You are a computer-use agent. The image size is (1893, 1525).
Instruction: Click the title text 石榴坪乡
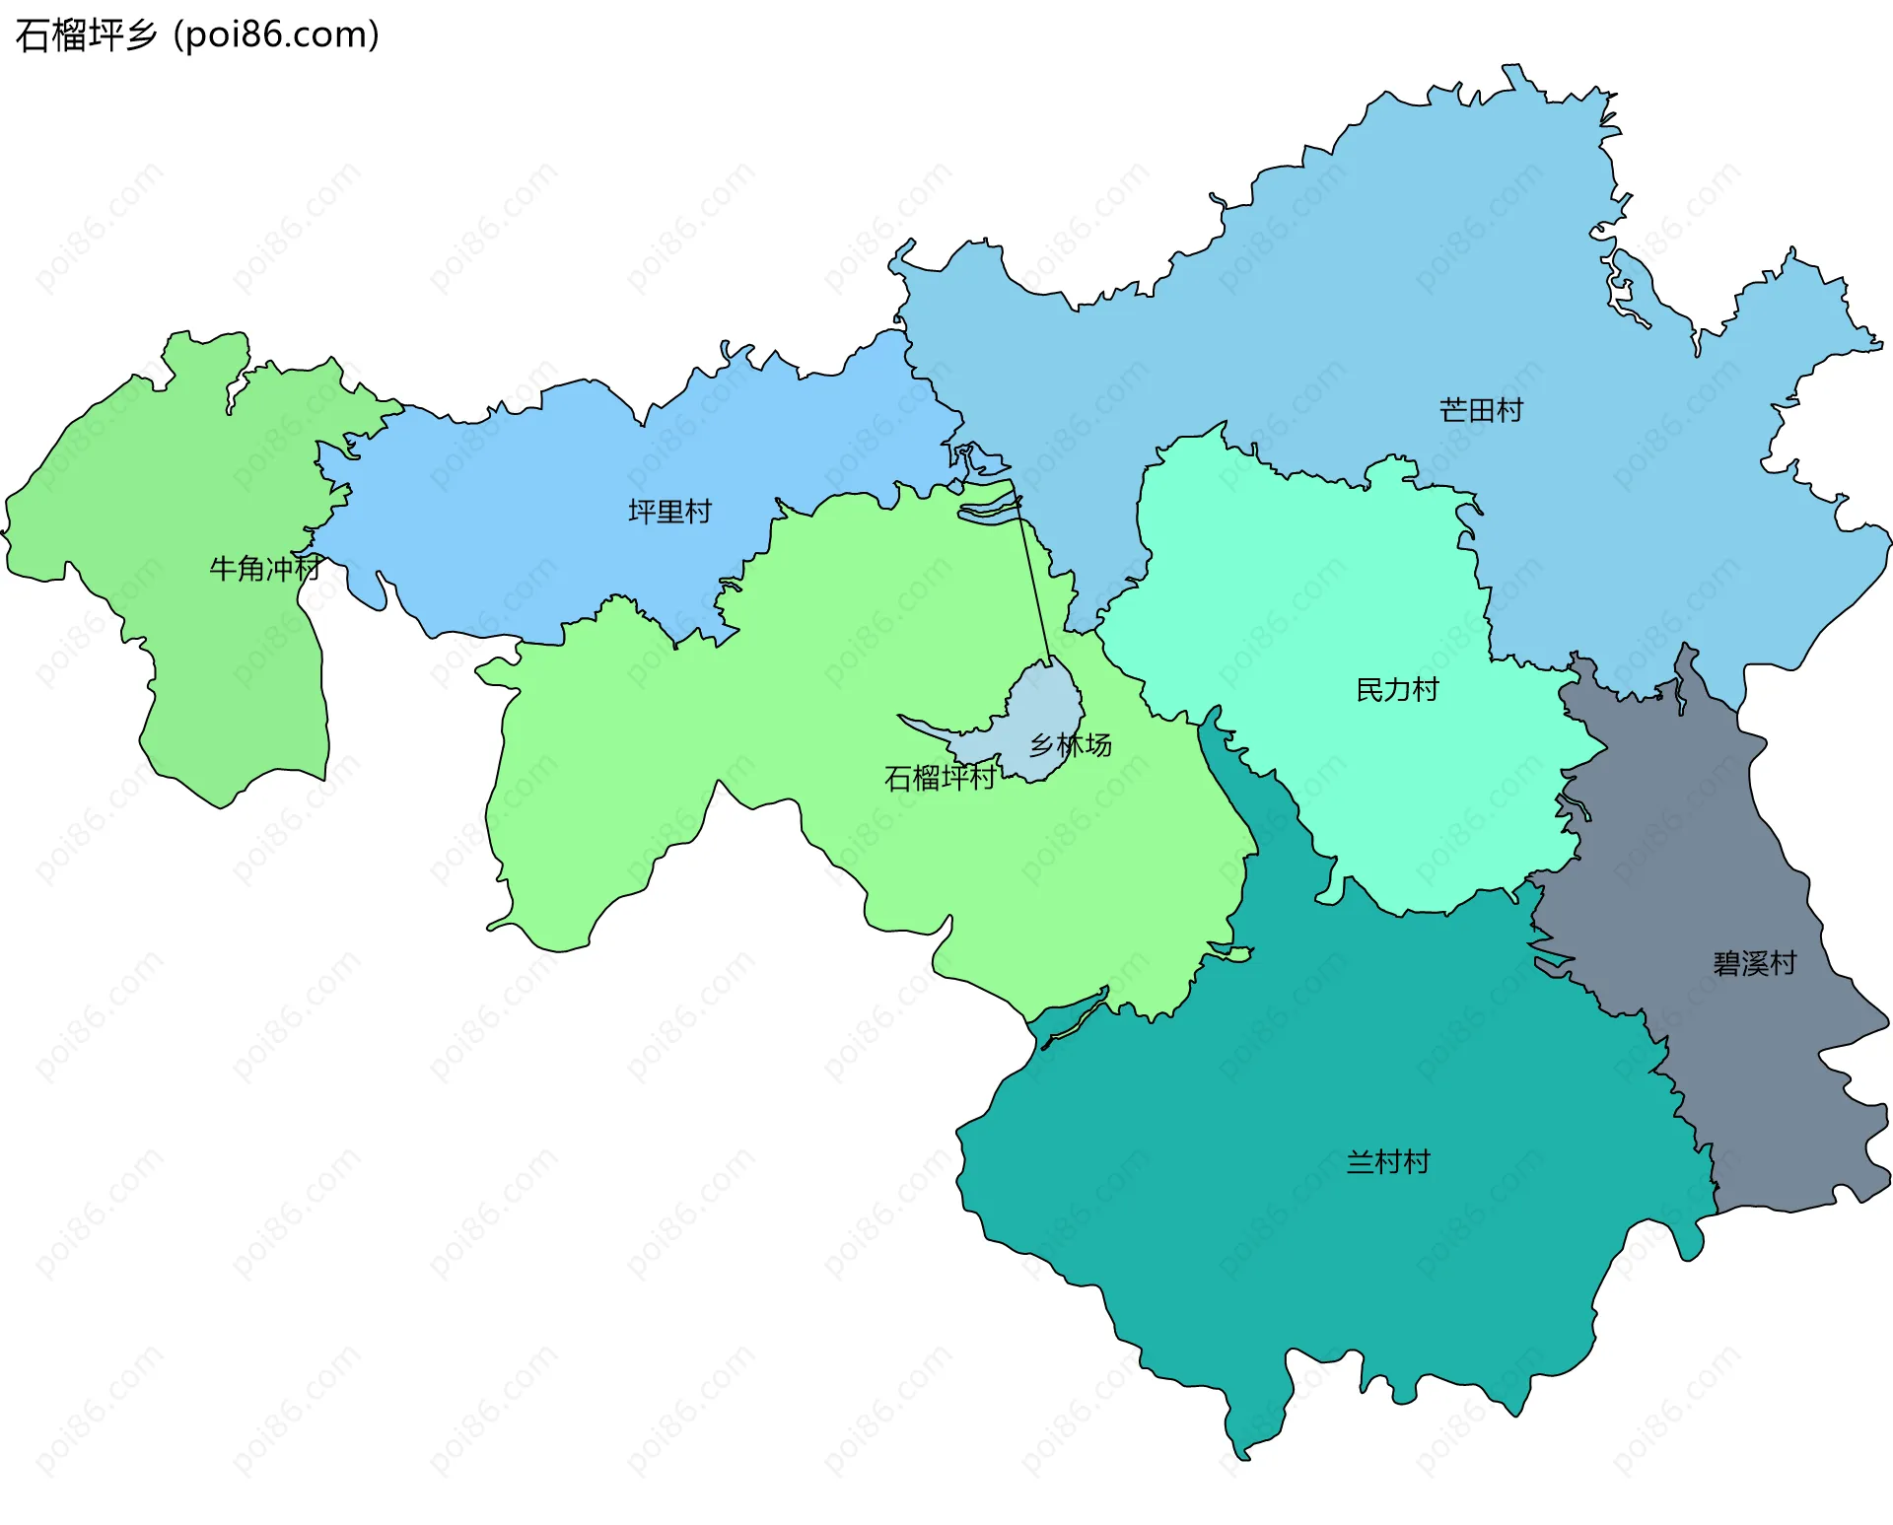click(x=87, y=35)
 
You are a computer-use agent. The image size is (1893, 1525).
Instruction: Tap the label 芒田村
click(x=1481, y=410)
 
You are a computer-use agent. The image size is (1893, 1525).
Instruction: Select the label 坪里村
click(x=669, y=512)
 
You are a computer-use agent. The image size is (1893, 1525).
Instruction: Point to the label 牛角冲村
click(x=264, y=569)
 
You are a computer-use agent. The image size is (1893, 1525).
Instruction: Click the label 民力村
click(x=1397, y=690)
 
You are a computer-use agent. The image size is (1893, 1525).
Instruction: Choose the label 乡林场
click(x=1071, y=745)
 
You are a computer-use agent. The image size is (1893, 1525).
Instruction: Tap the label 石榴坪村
click(x=940, y=779)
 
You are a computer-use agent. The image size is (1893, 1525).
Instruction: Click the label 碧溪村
click(x=1755, y=963)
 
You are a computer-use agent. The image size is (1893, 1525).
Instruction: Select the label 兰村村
click(x=1388, y=1162)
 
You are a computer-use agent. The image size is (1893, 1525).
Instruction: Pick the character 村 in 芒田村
click(x=1509, y=410)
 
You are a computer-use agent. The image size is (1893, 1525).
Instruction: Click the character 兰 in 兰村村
click(x=1361, y=1162)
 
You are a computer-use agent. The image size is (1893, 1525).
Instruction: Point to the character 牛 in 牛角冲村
click(x=223, y=569)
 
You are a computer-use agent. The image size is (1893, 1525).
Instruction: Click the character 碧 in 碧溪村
click(x=1727, y=963)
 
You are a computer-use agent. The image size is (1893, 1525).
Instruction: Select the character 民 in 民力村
click(x=1369, y=690)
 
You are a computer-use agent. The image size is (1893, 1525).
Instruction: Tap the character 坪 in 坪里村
click(x=642, y=512)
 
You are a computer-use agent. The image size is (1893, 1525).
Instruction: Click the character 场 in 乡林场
click(x=1099, y=745)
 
